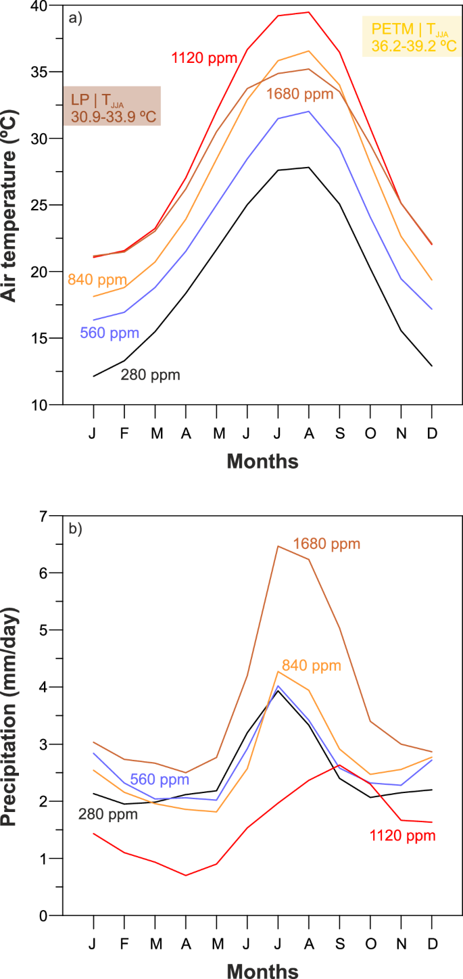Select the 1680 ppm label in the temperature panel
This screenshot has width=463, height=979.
click(300, 94)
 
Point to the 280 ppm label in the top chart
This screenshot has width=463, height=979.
click(150, 375)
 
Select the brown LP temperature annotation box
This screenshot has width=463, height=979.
click(112, 107)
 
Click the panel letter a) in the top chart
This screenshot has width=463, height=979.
click(75, 18)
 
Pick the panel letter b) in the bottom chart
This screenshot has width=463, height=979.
click(75, 529)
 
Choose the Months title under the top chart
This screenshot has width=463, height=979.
click(262, 462)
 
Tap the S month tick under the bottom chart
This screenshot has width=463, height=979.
click(339, 942)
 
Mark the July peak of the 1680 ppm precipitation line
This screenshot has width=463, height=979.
click(278, 546)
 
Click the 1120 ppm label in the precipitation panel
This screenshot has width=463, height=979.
click(403, 836)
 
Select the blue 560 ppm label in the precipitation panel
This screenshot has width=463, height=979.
click(160, 778)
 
